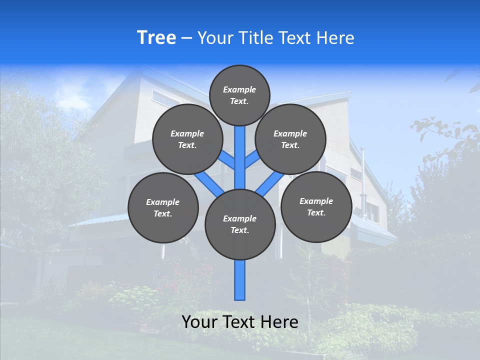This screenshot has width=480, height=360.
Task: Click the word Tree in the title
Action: coord(156,38)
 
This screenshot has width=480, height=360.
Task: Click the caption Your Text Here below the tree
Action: coord(239,322)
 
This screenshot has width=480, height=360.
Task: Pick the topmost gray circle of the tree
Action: coord(239,95)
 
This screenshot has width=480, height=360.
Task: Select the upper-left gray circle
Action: coord(187,139)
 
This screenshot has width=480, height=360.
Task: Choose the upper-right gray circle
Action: coord(290,139)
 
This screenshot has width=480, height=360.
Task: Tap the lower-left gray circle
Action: coord(163,207)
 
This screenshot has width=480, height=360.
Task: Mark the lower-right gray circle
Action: coord(316,206)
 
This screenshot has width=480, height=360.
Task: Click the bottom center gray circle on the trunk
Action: coord(240,224)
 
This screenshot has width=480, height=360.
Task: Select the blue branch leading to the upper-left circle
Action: coord(227,161)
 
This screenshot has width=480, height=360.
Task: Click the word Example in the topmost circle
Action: coord(239,90)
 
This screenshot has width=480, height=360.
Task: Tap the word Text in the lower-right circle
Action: coord(316,212)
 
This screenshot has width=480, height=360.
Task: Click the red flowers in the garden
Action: coord(172,282)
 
